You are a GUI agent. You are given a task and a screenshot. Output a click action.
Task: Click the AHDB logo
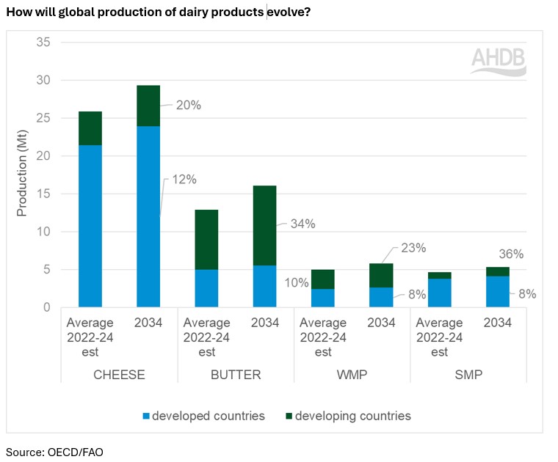(x=498, y=61)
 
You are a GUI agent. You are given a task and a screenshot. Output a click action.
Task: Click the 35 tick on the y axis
(x=43, y=43)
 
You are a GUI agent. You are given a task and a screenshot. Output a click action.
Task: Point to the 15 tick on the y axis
(x=43, y=194)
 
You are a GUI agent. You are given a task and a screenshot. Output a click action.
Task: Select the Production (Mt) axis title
(x=22, y=175)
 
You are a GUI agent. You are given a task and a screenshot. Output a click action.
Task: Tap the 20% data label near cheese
(x=188, y=105)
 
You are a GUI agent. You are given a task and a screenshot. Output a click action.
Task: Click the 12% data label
(x=184, y=179)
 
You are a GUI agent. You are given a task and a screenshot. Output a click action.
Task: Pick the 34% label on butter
(x=302, y=224)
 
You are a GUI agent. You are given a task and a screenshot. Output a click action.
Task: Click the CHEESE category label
(x=119, y=375)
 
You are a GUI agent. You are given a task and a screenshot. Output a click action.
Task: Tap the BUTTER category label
(x=236, y=375)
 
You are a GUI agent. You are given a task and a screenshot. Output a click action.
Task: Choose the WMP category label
(x=352, y=375)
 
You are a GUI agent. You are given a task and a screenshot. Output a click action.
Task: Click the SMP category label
(x=468, y=375)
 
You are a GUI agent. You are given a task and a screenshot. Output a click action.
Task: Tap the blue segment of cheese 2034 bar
(x=148, y=216)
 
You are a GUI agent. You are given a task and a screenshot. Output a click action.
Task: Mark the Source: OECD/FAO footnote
(x=54, y=452)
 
